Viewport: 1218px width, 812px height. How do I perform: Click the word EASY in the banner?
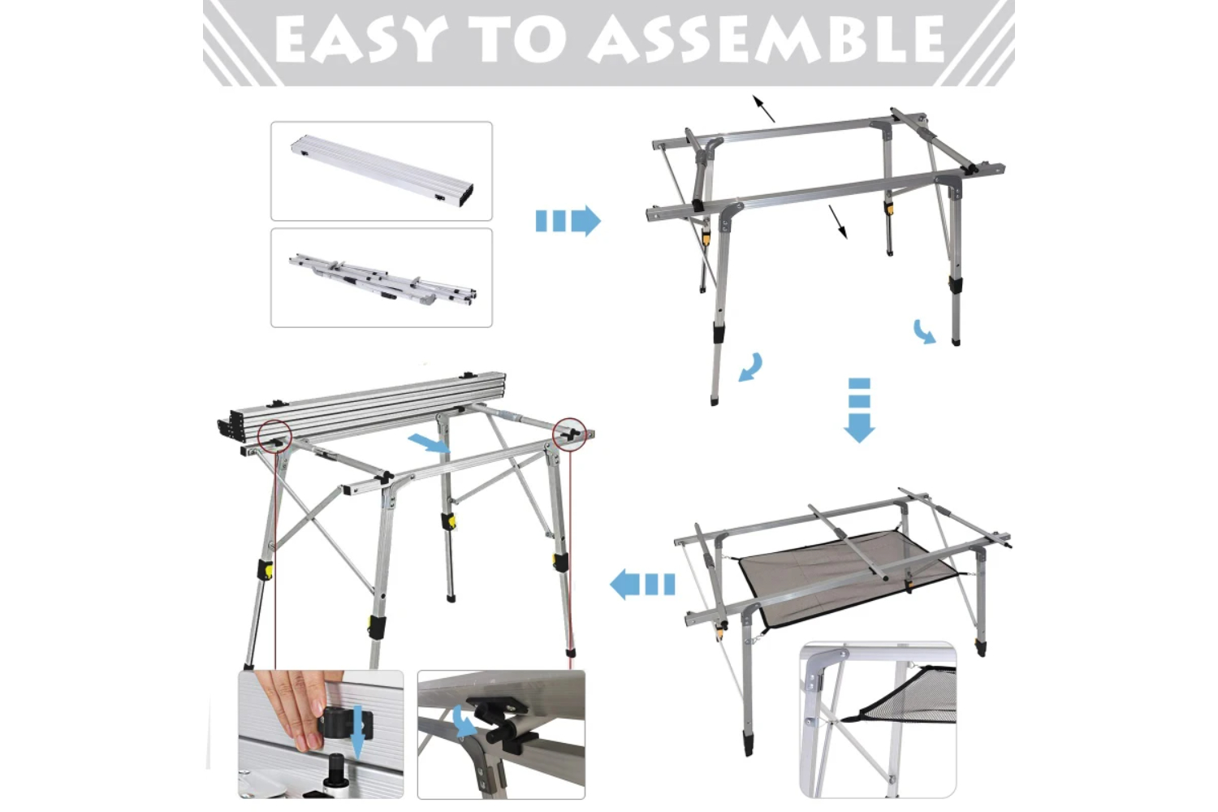[361, 39]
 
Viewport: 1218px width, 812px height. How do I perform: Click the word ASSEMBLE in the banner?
[767, 39]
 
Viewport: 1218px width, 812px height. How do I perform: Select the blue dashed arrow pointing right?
[568, 221]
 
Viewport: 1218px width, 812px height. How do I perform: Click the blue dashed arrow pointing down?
[859, 410]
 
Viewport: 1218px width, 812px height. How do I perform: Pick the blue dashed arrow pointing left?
[642, 585]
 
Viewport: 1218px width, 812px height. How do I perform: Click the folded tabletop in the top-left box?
[382, 171]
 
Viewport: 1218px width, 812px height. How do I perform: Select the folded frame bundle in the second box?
[382, 279]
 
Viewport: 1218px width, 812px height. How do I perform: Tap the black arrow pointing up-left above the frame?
[763, 108]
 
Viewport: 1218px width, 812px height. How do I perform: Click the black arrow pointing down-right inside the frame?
[837, 222]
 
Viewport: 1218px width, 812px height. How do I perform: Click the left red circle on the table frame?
[275, 436]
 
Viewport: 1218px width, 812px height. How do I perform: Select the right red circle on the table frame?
[569, 434]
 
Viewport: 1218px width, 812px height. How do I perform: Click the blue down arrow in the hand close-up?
[357, 731]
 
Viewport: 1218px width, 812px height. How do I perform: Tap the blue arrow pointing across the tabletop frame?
[429, 443]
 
